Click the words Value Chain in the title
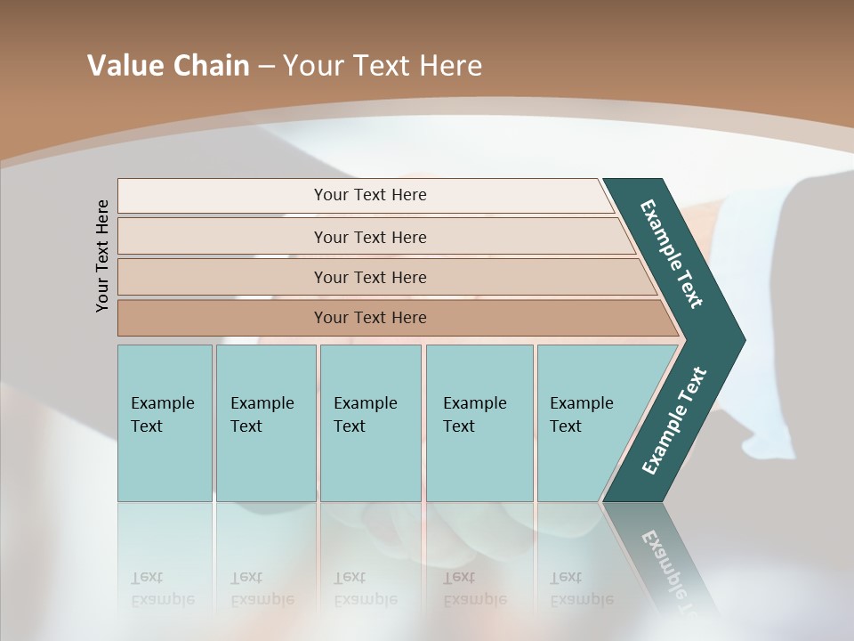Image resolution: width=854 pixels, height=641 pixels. pos(168,66)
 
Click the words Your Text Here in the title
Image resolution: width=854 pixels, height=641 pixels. pos(383,66)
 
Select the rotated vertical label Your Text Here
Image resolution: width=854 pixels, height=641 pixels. pos(102,256)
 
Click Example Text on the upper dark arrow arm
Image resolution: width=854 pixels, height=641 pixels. pos(672,254)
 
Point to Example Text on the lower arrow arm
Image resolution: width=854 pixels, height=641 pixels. pos(674,420)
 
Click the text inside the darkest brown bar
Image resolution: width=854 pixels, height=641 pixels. pos(370,318)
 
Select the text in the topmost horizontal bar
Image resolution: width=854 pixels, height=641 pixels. pos(370,195)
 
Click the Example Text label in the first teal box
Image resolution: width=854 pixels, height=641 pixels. pos(162,415)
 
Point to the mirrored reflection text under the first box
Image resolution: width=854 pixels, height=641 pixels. pos(162,588)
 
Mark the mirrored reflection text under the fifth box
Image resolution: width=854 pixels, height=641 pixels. pos(581,588)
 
